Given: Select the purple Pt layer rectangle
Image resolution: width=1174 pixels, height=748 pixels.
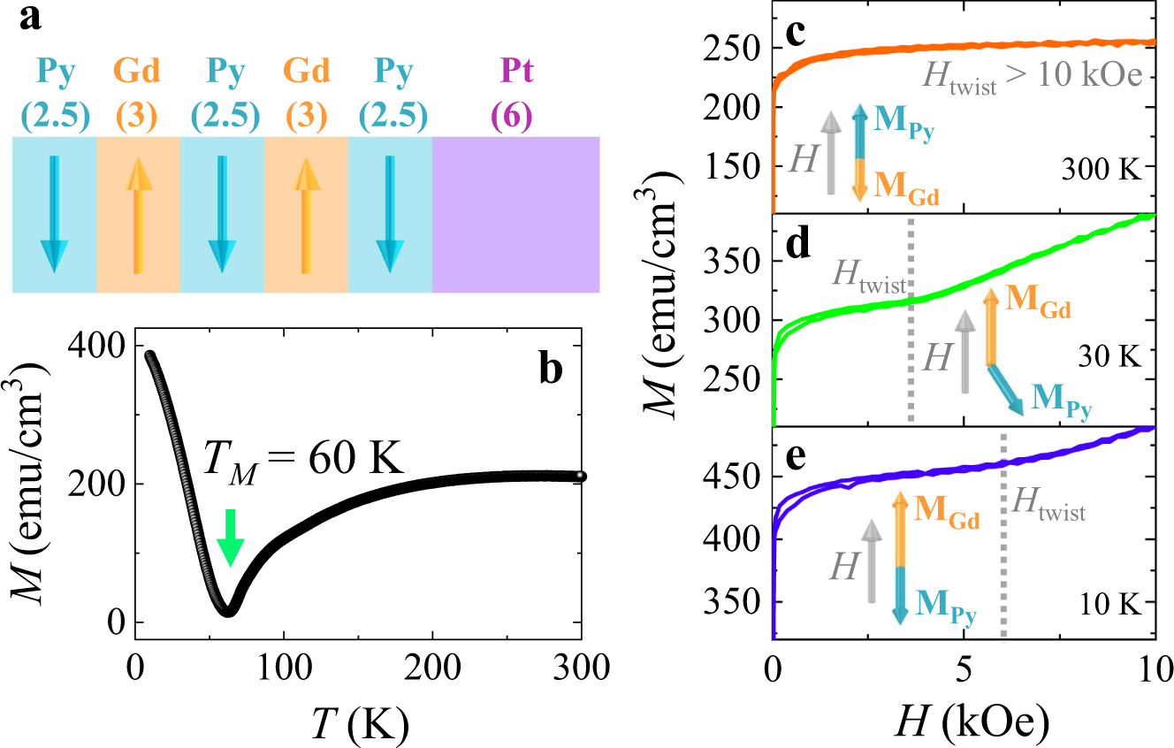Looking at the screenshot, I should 515,214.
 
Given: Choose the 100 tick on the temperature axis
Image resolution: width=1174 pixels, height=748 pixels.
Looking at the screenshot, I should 283,661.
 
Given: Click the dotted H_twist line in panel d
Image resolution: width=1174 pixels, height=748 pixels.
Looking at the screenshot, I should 911,354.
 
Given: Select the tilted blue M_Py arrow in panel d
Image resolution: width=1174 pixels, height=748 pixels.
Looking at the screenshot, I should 1005,389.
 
